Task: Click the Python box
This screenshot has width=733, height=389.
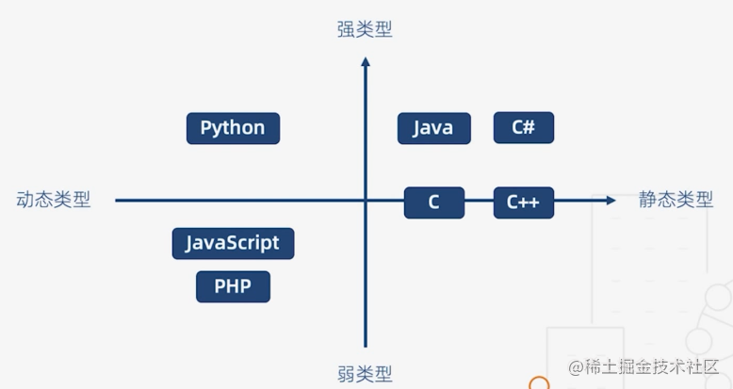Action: click(x=233, y=128)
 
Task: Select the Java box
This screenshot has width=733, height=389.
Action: click(x=433, y=128)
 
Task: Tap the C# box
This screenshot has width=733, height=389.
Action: click(x=524, y=127)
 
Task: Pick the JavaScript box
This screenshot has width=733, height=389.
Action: click(x=233, y=243)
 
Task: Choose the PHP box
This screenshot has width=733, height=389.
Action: click(x=233, y=286)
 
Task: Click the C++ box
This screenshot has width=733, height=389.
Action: click(x=524, y=202)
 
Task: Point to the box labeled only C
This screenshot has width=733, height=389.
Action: click(x=433, y=202)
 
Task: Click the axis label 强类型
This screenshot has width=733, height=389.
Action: click(x=365, y=29)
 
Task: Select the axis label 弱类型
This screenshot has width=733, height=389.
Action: click(x=365, y=373)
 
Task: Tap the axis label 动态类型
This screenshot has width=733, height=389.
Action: click(x=54, y=200)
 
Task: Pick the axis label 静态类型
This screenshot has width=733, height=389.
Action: click(x=676, y=200)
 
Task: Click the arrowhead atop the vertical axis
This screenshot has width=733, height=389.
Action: click(x=366, y=62)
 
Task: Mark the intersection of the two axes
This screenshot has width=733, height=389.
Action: click(x=366, y=200)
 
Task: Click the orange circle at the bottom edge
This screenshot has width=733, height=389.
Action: click(x=539, y=384)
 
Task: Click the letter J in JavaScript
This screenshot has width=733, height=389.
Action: click(x=190, y=243)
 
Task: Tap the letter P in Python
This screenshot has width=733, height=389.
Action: click(x=206, y=128)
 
